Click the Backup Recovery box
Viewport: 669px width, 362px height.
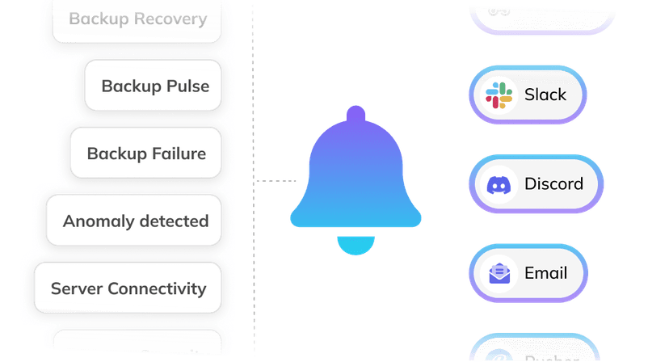(x=137, y=19)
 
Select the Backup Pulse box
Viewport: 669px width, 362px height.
(x=154, y=86)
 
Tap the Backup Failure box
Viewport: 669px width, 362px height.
(x=146, y=154)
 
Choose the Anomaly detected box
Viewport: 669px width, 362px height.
(x=135, y=221)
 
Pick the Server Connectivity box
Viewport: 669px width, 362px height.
(x=128, y=288)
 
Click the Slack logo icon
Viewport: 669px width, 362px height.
(x=499, y=95)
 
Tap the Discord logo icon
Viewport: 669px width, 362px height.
(x=499, y=185)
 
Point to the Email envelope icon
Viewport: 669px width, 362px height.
(x=499, y=274)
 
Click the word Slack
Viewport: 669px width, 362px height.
(x=545, y=95)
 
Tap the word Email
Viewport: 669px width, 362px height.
(x=546, y=273)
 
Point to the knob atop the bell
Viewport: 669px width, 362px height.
(x=356, y=116)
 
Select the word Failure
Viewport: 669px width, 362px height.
(x=179, y=154)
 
